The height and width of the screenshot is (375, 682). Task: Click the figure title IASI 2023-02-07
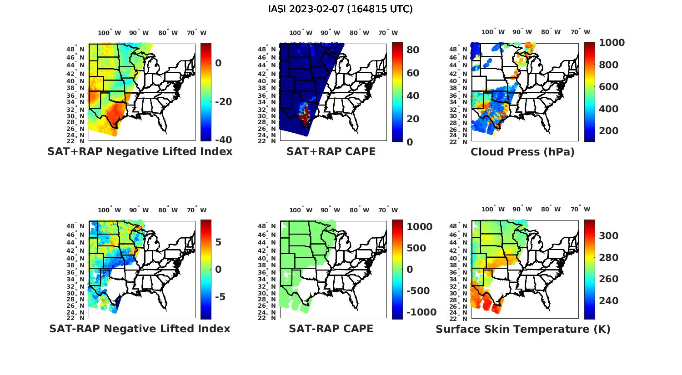click(x=341, y=9)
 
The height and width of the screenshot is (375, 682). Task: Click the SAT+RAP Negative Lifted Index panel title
click(x=140, y=151)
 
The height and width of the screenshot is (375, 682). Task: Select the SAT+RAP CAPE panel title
click(x=331, y=151)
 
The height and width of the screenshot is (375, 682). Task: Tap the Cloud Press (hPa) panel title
click(x=522, y=152)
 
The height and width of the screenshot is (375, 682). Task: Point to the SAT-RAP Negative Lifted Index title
click(x=140, y=329)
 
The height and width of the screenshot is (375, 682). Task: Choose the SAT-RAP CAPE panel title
click(x=331, y=329)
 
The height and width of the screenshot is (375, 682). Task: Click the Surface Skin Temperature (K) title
click(x=523, y=329)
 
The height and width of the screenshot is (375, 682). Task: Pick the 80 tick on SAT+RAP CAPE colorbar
click(x=413, y=50)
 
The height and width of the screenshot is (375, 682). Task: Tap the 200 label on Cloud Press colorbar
click(x=609, y=131)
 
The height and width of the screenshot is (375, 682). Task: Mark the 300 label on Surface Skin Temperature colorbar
click(x=609, y=235)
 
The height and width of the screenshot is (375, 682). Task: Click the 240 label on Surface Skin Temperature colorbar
click(x=609, y=301)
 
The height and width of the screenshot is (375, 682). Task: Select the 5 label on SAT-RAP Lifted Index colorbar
click(x=218, y=242)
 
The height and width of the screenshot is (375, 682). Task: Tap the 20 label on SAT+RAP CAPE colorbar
click(x=413, y=119)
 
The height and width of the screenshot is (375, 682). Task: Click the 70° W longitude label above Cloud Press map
click(x=580, y=32)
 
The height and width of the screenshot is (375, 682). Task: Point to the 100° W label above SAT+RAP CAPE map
click(x=301, y=33)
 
